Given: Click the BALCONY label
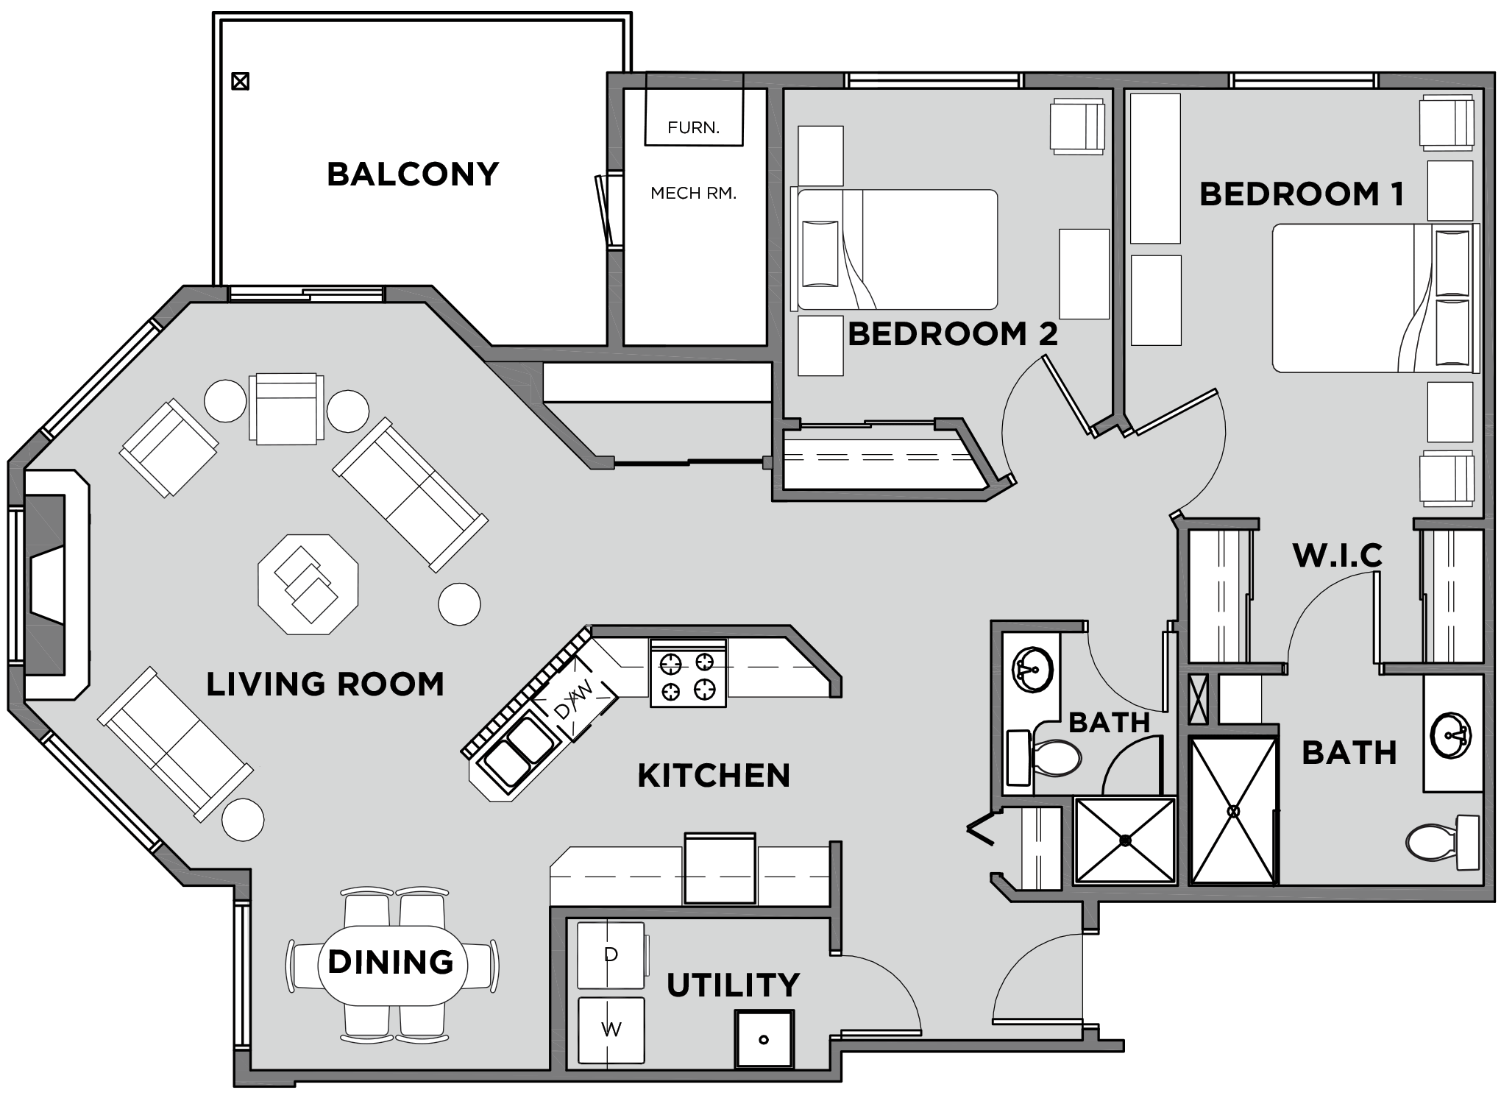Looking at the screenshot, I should click(x=413, y=174).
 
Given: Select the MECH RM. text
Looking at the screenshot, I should click(x=693, y=194).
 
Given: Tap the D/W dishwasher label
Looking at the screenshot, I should click(x=572, y=699).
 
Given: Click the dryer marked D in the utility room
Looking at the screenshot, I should click(x=611, y=955).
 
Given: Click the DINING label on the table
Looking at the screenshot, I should click(x=391, y=962).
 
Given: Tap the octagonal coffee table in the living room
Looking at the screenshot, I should click(x=308, y=584).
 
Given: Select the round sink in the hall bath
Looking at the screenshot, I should click(x=1033, y=670).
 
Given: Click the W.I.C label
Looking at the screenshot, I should click(x=1338, y=556).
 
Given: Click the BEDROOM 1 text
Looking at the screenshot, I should click(x=1302, y=194).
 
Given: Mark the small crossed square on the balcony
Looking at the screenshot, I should click(x=240, y=81).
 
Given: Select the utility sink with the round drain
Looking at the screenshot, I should click(x=764, y=1039).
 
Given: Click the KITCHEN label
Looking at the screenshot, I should click(x=713, y=776).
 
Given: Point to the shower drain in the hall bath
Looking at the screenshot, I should click(x=1125, y=839).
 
